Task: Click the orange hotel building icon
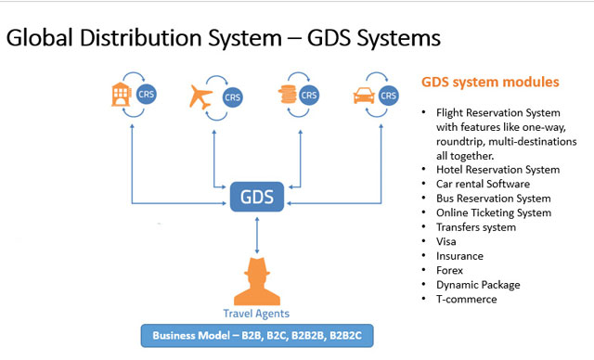120,93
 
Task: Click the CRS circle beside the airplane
228,95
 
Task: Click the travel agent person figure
256,277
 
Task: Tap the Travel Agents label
256,313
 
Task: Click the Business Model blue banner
257,335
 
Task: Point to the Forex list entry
451,271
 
